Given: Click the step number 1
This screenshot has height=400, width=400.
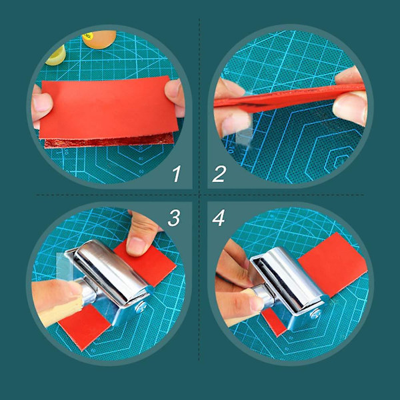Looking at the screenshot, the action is pos(177,174).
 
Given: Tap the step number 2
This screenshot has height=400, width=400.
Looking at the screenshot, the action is pos(219,174).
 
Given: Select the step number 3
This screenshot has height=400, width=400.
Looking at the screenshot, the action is pos(174,218).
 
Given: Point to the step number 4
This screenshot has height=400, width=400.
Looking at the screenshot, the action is pos(219,218).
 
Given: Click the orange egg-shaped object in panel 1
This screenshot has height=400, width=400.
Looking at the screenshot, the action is pos(100,39).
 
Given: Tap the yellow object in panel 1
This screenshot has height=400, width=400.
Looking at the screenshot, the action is pos(56,55).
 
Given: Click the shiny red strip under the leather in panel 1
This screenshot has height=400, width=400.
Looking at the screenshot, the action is pos(109,141).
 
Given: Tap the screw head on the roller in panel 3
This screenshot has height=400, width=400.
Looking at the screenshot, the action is pos(141,306).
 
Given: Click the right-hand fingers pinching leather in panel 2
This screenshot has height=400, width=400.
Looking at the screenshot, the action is pos(351,97).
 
